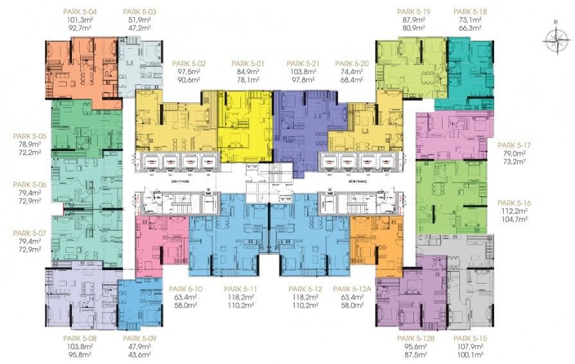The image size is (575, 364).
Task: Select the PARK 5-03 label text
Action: tap(140, 12)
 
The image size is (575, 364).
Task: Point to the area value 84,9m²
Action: tap(247, 72)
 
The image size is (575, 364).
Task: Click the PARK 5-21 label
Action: tap(303, 63)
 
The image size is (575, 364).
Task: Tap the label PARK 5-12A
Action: tap(352, 289)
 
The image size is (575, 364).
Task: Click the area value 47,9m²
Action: tap(140, 346)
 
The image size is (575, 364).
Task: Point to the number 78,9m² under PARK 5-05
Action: tap(28, 145)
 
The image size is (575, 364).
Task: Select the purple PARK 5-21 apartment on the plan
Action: tap(299, 122)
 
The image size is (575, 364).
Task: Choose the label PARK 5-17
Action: tap(515, 145)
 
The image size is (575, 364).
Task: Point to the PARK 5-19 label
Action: tap(414, 12)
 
